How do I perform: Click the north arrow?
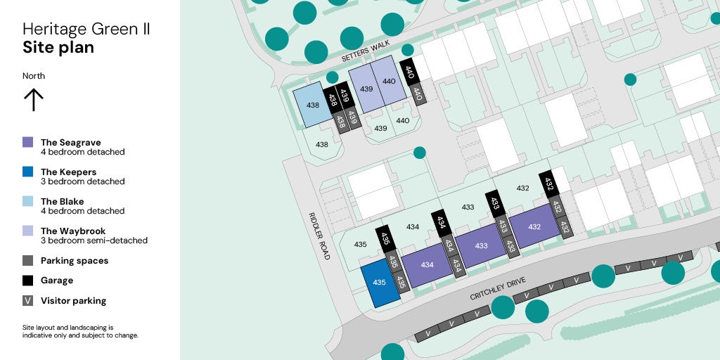click(x=33, y=99)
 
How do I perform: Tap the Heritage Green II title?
click(x=86, y=30)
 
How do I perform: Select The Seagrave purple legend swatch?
click(x=28, y=142)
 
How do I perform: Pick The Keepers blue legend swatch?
click(x=28, y=172)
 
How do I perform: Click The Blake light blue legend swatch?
click(x=28, y=201)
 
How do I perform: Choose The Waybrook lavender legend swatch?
click(x=28, y=231)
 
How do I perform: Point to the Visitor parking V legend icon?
click(x=28, y=300)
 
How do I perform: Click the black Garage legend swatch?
click(x=28, y=280)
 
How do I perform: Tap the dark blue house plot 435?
click(x=380, y=283)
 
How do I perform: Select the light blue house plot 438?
click(x=311, y=105)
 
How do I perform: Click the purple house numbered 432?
click(x=534, y=226)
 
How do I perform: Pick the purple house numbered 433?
click(x=481, y=245)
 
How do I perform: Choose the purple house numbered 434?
click(x=427, y=265)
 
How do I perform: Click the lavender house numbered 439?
click(x=366, y=89)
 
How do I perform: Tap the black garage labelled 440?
click(x=409, y=72)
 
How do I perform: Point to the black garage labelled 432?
click(x=550, y=185)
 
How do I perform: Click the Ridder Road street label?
click(x=320, y=236)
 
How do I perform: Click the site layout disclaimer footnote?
click(x=80, y=331)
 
